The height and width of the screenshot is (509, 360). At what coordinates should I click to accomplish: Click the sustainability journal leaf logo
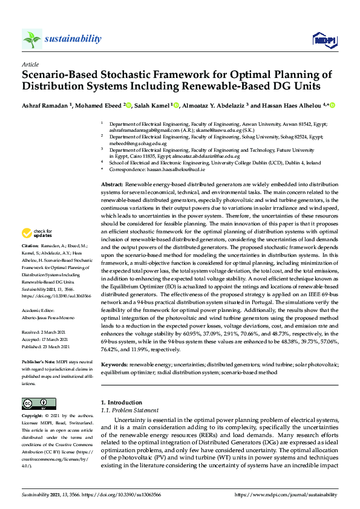tap(32, 39)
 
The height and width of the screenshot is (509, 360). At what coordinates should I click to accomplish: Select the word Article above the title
tap(30, 64)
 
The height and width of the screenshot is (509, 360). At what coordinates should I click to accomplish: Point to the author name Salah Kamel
tap(152, 105)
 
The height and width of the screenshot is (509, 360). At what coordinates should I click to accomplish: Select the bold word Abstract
tap(112, 184)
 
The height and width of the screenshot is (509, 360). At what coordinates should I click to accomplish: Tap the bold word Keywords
tap(115, 365)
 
